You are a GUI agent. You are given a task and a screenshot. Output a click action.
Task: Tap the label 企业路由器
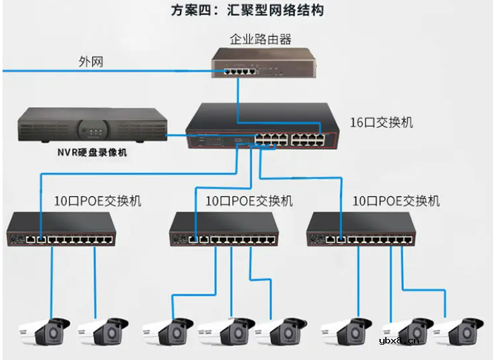point(260,40)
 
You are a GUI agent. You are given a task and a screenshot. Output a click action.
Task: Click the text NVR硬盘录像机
point(90,153)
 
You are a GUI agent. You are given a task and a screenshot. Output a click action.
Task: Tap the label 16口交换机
point(381,122)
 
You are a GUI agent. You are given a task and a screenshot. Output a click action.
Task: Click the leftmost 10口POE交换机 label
point(98,201)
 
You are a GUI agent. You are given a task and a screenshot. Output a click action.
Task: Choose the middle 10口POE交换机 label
point(249,201)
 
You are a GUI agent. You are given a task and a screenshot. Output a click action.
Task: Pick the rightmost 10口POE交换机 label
point(395,201)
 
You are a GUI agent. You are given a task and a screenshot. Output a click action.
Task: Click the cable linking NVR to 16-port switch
point(177,135)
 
